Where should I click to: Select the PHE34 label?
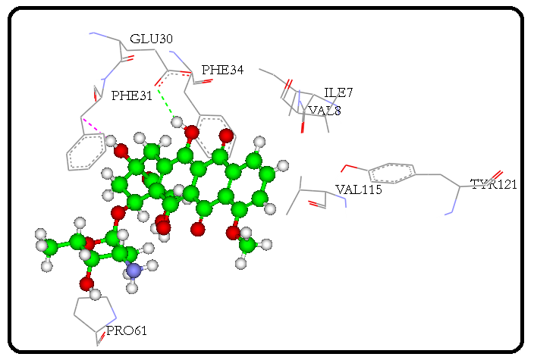(222, 70)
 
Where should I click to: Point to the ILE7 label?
(338, 93)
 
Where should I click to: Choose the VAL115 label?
(358, 189)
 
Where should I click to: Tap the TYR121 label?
(493, 183)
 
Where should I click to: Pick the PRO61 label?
(126, 330)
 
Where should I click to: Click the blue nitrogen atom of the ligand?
(134, 270)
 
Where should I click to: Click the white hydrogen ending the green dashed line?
(177, 121)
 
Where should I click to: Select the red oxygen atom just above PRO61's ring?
(88, 283)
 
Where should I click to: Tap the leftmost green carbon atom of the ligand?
(50, 246)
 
